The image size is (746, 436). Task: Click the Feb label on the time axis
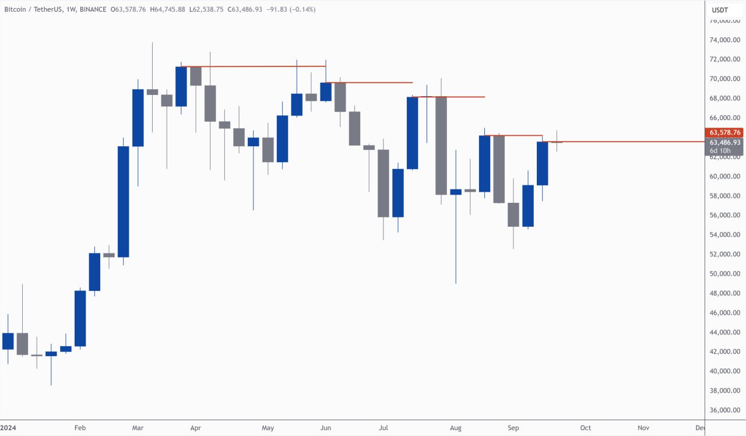[80, 428]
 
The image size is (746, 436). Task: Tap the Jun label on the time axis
[325, 428]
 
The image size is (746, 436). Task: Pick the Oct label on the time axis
[586, 428]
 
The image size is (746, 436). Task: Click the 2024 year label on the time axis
[8, 428]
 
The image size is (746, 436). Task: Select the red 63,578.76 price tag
[725, 133]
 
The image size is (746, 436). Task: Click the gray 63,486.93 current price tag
[725, 142]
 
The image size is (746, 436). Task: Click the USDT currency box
[720, 10]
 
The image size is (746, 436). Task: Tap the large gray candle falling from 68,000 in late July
[441, 146]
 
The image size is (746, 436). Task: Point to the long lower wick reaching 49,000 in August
[456, 245]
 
